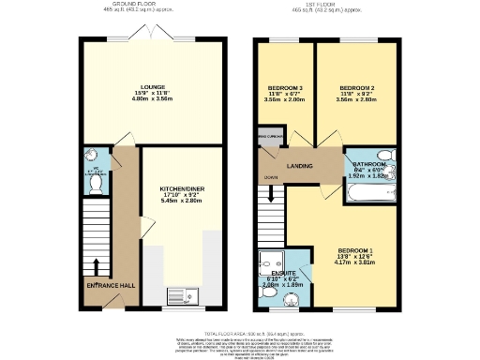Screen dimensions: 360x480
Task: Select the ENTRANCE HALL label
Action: click(x=106, y=284)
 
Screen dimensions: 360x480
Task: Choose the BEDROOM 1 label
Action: click(x=356, y=250)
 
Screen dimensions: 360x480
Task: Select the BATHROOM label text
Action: click(x=368, y=164)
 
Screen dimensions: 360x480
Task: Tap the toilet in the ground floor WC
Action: click(x=94, y=174)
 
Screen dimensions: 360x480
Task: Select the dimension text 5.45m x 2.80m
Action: click(x=181, y=201)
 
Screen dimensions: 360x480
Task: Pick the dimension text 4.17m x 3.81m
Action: click(x=356, y=263)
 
